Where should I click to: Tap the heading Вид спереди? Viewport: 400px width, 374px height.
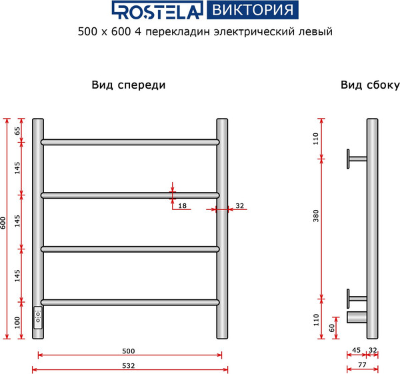pos(128,85)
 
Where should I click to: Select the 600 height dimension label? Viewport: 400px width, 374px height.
pos(4,222)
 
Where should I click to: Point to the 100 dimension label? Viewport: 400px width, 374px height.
pos(17,322)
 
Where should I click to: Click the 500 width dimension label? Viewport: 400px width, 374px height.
pos(129,351)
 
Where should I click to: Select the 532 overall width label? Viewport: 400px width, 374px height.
pos(129,365)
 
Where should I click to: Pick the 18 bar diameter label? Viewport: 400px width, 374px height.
pos(182,206)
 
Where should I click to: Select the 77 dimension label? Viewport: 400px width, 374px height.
pos(362,365)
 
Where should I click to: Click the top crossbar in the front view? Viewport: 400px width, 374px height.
pos(130,142)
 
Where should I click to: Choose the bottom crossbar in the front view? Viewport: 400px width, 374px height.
pos(130,303)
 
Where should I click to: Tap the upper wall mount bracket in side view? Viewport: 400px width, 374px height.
pos(355,158)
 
